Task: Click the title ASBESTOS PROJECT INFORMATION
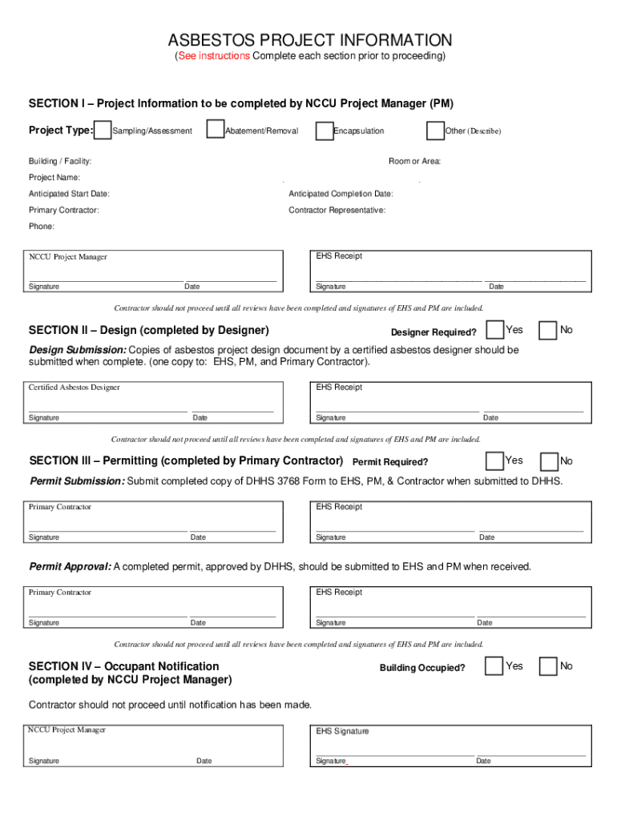click(x=309, y=40)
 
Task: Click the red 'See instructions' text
click(x=214, y=56)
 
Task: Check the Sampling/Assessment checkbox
click(x=103, y=130)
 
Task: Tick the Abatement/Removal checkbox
click(x=215, y=130)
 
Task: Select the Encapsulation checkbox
click(x=324, y=131)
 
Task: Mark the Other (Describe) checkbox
click(x=435, y=131)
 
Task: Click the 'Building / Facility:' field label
click(x=60, y=162)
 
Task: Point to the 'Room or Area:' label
click(x=414, y=162)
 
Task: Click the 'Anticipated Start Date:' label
click(x=69, y=194)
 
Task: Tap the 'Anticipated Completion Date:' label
click(x=341, y=194)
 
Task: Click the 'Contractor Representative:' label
click(x=337, y=210)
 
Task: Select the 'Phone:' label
click(x=42, y=227)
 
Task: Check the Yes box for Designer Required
click(x=495, y=330)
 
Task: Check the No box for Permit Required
click(x=549, y=461)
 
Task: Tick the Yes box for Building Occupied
click(x=495, y=666)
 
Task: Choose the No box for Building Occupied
click(x=549, y=666)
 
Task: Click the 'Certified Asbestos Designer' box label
click(x=74, y=388)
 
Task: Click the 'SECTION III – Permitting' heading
click(x=186, y=461)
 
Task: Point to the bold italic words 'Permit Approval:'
click(x=71, y=567)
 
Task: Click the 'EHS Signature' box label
click(x=342, y=731)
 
